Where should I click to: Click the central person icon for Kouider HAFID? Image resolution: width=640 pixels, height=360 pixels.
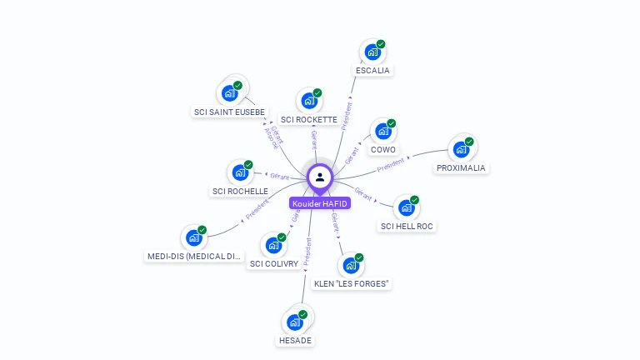coord(320,177)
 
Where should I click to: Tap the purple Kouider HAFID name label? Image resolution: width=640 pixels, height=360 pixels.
coord(320,203)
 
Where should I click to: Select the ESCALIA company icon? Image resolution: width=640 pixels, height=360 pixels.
coord(372,52)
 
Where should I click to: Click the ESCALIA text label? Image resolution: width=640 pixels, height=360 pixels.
coord(372,71)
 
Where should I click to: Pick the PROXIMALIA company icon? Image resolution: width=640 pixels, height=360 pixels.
coord(460,150)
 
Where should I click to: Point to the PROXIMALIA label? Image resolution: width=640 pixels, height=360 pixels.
coord(462,168)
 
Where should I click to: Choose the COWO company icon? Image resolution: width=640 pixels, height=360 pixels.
coord(382,131)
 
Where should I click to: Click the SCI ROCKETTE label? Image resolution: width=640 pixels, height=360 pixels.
coord(309,120)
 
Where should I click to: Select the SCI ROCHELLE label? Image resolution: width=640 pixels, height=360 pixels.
coord(240,192)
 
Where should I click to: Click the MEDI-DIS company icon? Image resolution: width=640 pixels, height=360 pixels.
coord(193,238)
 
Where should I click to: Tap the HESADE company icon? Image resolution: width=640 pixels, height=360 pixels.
coord(294,322)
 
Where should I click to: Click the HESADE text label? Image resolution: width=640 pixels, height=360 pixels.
coord(295,341)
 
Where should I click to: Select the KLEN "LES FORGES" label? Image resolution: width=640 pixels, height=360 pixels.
coord(352,284)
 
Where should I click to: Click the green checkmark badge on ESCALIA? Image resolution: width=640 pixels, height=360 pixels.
coord(381,44)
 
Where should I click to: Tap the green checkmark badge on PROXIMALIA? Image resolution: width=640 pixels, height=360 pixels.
coord(469,142)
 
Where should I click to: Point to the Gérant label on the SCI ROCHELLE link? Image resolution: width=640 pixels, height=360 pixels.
coord(277,176)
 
